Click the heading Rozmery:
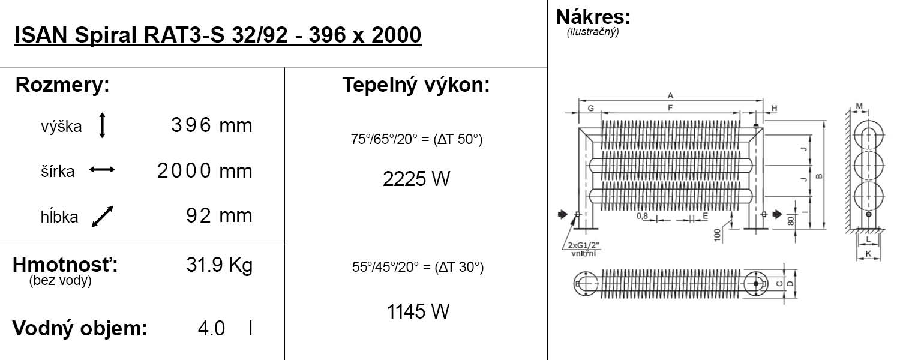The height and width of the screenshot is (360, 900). click(62, 85)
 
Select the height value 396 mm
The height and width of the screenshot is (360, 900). click(212, 125)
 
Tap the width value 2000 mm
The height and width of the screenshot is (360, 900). click(205, 170)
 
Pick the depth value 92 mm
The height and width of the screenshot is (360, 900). click(220, 215)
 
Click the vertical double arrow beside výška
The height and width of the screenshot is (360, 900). click(102, 125)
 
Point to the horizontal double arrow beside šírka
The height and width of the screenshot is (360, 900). click(102, 170)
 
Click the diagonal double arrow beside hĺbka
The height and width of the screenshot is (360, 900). click(103, 217)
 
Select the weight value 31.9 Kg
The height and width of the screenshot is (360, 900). click(220, 265)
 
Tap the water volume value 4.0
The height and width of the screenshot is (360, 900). click(211, 328)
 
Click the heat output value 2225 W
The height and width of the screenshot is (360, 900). click(416, 179)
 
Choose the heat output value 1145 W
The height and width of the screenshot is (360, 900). click(418, 311)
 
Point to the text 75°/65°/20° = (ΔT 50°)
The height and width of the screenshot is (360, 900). click(416, 139)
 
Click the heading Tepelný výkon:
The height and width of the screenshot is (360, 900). click(416, 85)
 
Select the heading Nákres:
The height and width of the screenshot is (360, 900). click(593, 17)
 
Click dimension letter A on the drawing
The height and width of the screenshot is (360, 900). click(670, 95)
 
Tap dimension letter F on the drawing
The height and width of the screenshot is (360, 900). click(670, 107)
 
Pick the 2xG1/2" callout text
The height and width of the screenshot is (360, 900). click(584, 245)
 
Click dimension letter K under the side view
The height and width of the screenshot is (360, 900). click(868, 254)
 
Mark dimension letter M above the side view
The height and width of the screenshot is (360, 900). click(859, 106)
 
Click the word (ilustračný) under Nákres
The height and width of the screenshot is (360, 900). click(593, 32)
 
